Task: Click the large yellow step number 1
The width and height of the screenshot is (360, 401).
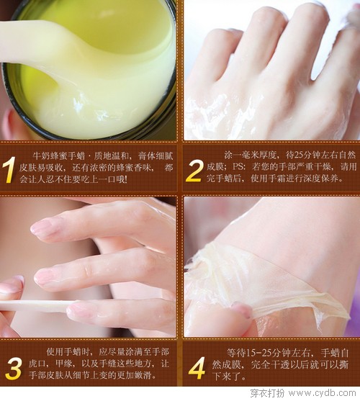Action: point(9,170)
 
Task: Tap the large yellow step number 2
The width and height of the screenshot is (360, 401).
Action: point(195,171)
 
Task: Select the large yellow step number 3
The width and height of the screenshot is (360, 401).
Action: point(13,369)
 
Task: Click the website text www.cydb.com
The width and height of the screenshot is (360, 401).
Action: point(322,393)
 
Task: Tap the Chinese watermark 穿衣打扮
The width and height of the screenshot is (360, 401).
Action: point(267,393)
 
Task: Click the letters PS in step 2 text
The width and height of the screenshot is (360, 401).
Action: point(238,167)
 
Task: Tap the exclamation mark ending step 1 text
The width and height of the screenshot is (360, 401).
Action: point(125,179)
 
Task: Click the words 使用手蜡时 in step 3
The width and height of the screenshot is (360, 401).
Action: point(68,352)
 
